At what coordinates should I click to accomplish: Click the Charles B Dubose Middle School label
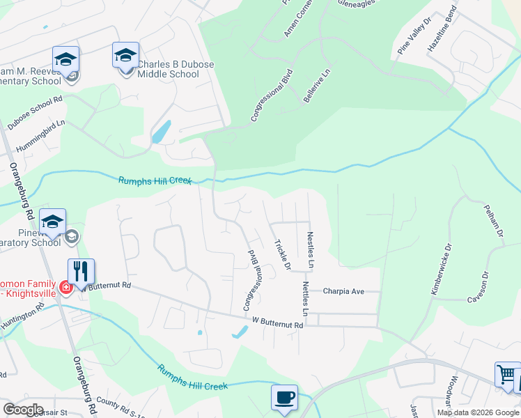tap(175, 70)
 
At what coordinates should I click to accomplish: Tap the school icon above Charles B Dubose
tap(125, 55)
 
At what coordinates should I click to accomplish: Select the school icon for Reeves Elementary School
tap(65, 59)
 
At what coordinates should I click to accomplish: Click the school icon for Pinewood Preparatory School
tap(52, 222)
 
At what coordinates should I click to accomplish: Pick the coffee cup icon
tap(284, 397)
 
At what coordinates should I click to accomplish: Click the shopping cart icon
tap(508, 374)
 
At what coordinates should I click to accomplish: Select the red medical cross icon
tap(65, 287)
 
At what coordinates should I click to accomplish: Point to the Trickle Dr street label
tap(281, 254)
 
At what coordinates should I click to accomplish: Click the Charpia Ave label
tap(344, 291)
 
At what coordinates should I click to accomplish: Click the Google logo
tap(23, 409)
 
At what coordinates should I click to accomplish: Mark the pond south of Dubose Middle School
tap(160, 131)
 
